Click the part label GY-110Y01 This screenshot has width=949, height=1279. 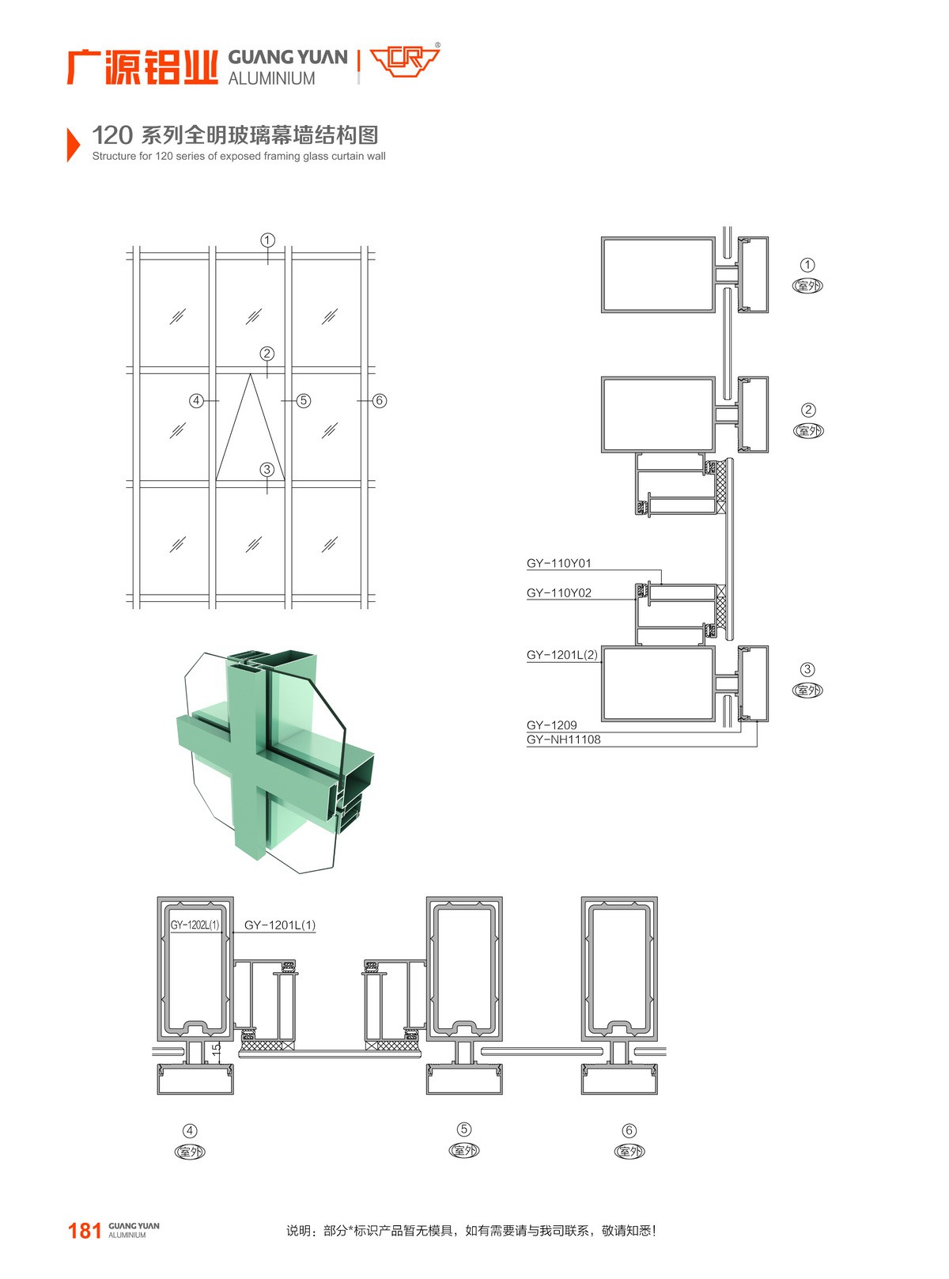(x=558, y=563)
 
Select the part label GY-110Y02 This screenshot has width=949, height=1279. (x=558, y=592)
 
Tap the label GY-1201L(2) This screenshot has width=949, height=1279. (x=561, y=654)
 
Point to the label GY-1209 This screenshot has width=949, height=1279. (x=551, y=725)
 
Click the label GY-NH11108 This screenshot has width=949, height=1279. (x=563, y=740)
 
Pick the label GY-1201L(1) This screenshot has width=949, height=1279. (x=280, y=925)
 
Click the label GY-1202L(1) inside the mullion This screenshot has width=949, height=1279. (x=195, y=925)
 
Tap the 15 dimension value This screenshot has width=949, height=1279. (x=216, y=1049)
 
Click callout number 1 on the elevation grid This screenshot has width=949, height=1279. (x=267, y=240)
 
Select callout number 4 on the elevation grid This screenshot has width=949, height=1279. (x=197, y=400)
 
